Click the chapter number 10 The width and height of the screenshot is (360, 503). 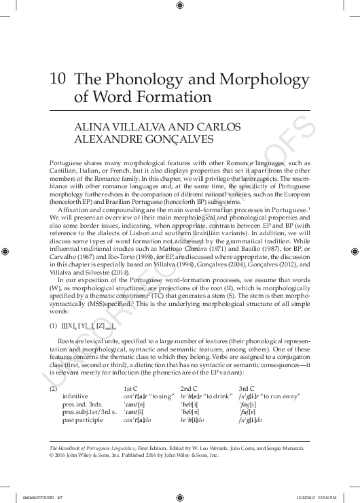tap(57, 79)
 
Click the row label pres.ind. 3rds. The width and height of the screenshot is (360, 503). tap(82, 404)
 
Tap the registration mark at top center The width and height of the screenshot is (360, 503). tap(179, 5)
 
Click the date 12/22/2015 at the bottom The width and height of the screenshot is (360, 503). tap(314, 496)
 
